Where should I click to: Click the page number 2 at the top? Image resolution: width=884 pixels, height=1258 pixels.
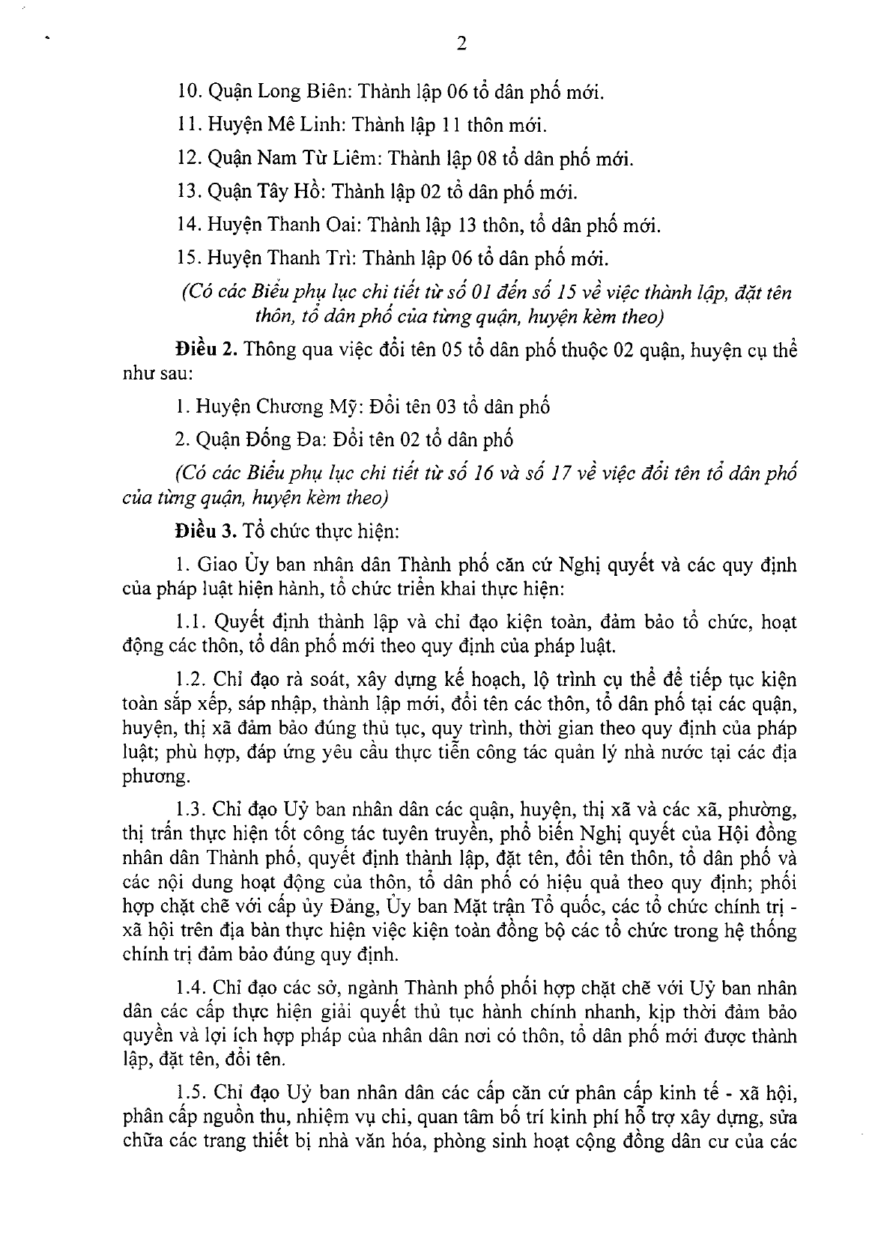[x=461, y=44]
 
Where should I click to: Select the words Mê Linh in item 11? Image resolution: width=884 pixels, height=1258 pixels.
[x=303, y=126]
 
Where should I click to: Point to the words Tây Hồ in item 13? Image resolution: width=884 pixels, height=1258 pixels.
[x=293, y=192]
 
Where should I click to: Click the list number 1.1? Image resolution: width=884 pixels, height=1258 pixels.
[x=190, y=622]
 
